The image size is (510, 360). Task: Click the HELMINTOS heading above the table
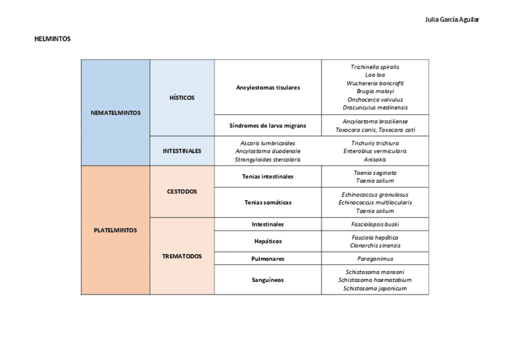(x=53, y=39)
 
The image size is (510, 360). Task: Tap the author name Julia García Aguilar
(x=452, y=19)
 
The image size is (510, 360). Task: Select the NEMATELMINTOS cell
(x=115, y=112)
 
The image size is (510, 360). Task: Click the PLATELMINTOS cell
(x=115, y=230)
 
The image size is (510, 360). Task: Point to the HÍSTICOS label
(x=182, y=97)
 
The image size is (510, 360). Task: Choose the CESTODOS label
(x=182, y=192)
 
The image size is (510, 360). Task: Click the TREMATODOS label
(x=182, y=256)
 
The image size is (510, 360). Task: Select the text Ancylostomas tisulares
(x=268, y=87)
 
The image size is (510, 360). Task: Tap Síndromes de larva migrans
(x=268, y=126)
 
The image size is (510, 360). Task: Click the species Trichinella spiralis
(x=375, y=67)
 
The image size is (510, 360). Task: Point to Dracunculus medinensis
(x=375, y=108)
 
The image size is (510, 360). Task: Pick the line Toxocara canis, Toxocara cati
(x=375, y=130)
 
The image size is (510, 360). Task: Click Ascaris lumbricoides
(x=268, y=143)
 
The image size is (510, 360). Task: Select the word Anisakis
(x=375, y=160)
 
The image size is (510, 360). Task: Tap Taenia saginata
(x=375, y=172)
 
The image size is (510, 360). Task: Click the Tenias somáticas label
(x=268, y=203)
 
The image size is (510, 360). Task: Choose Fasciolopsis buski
(x=375, y=224)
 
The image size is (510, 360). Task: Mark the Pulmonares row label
(x=268, y=258)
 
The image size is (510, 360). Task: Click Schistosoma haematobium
(x=375, y=280)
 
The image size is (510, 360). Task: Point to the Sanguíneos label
(x=268, y=279)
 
